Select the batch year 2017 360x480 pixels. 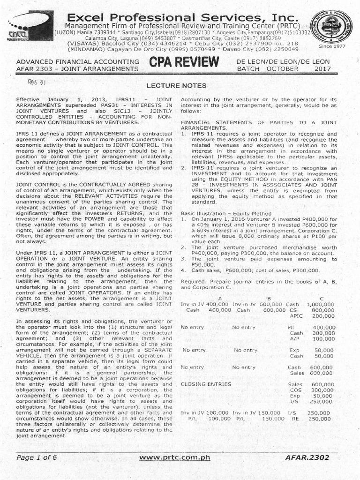click(x=322, y=68)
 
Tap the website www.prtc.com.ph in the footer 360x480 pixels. click(x=180, y=457)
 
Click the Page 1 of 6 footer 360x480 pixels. click(x=37, y=457)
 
